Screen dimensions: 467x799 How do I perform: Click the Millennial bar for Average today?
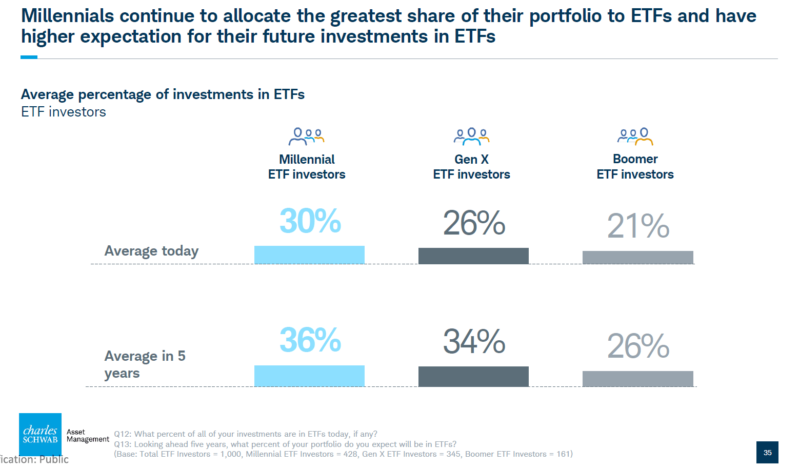pyautogui.click(x=309, y=255)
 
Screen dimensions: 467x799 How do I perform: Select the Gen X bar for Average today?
pyautogui.click(x=473, y=256)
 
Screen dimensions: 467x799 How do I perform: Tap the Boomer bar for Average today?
pyautogui.click(x=637, y=257)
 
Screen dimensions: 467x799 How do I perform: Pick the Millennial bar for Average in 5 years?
pyautogui.click(x=309, y=376)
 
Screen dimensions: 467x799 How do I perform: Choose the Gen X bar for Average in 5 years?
pyautogui.click(x=473, y=376)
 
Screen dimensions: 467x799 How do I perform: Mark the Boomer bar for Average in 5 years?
pyautogui.click(x=637, y=378)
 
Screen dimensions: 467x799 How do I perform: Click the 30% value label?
pyautogui.click(x=310, y=221)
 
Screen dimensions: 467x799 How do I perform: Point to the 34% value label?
pyautogui.click(x=474, y=342)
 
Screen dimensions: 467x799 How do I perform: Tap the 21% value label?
pyautogui.click(x=638, y=226)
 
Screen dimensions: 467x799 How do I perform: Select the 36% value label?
pyautogui.click(x=310, y=340)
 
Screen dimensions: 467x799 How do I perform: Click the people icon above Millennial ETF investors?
pyautogui.click(x=306, y=137)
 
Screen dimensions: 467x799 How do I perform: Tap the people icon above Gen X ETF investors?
pyautogui.click(x=471, y=137)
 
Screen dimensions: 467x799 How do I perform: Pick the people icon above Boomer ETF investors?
pyautogui.click(x=635, y=137)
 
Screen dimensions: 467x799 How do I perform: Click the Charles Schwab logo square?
pyautogui.click(x=40, y=434)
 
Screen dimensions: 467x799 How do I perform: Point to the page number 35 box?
pyautogui.click(x=767, y=452)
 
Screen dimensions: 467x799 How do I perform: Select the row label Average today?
pyautogui.click(x=151, y=251)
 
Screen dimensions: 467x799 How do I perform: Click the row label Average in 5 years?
pyautogui.click(x=145, y=364)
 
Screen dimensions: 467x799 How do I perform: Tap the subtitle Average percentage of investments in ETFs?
pyautogui.click(x=163, y=94)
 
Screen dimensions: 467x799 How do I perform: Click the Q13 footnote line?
pyautogui.click(x=285, y=444)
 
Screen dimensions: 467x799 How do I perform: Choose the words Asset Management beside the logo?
pyautogui.click(x=88, y=436)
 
